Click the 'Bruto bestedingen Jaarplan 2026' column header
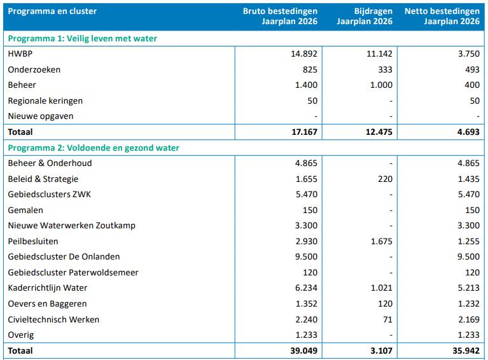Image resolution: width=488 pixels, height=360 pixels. (x=280, y=17)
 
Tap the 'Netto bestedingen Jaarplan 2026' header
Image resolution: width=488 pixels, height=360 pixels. (x=442, y=17)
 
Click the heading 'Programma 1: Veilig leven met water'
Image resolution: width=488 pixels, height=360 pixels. (x=83, y=38)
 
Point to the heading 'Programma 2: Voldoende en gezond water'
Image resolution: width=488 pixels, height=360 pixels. (x=94, y=148)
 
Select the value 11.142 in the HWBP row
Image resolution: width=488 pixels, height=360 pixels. (x=379, y=54)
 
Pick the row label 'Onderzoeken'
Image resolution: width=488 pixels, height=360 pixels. (x=34, y=69)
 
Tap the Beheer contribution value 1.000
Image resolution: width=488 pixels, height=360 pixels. (x=381, y=85)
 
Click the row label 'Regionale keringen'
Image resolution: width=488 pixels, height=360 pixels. (x=45, y=100)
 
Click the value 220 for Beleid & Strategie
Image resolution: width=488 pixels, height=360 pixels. (x=385, y=179)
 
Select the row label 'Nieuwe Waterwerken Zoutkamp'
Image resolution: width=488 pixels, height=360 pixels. (x=71, y=226)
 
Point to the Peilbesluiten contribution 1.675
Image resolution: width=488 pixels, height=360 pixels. (x=381, y=241)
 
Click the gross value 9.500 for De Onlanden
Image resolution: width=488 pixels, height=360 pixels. (x=306, y=257)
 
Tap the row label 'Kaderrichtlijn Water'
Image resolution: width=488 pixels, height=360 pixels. (x=48, y=288)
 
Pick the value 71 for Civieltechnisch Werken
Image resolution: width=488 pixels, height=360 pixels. (x=387, y=319)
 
